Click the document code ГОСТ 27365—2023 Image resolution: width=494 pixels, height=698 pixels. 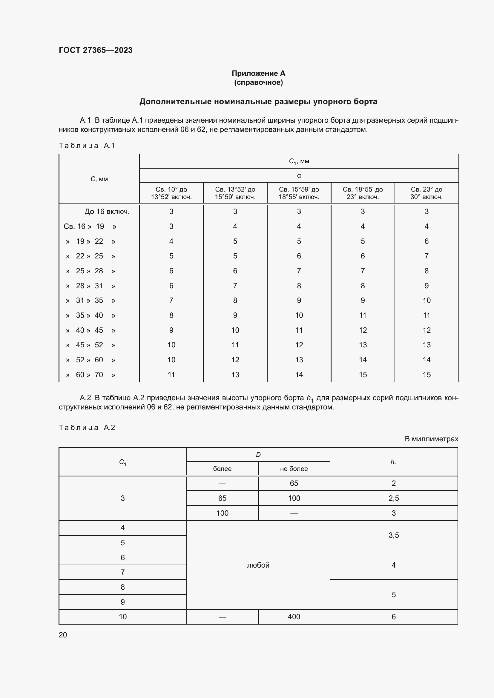click(x=96, y=50)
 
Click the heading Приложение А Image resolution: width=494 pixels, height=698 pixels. click(x=258, y=73)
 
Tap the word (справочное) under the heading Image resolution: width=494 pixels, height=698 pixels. click(x=258, y=82)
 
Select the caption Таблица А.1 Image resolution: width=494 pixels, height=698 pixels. click(x=87, y=146)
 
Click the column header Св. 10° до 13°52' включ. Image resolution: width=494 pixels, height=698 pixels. click(x=171, y=193)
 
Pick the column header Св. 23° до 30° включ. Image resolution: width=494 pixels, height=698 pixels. click(x=426, y=193)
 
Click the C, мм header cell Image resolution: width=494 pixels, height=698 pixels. click(x=99, y=179)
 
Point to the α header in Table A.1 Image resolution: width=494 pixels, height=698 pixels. click(x=299, y=175)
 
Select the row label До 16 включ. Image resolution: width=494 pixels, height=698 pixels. click(x=107, y=212)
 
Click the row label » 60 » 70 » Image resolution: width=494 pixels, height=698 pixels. click(x=90, y=375)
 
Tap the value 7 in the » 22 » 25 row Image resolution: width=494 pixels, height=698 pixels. click(x=426, y=256)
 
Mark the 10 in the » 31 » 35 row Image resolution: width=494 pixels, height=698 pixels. click(x=426, y=301)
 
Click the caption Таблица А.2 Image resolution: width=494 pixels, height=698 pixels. click(x=87, y=427)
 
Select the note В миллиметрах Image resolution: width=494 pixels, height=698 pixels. click(x=431, y=439)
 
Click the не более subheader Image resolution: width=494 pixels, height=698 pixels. click(x=294, y=469)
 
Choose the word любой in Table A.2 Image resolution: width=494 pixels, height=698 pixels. click(x=258, y=565)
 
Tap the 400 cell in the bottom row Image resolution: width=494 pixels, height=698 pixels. click(x=294, y=617)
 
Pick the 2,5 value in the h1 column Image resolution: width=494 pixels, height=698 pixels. click(x=393, y=498)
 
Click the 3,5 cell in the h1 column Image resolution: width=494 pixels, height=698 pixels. click(x=393, y=535)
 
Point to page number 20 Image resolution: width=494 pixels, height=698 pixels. click(x=63, y=635)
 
